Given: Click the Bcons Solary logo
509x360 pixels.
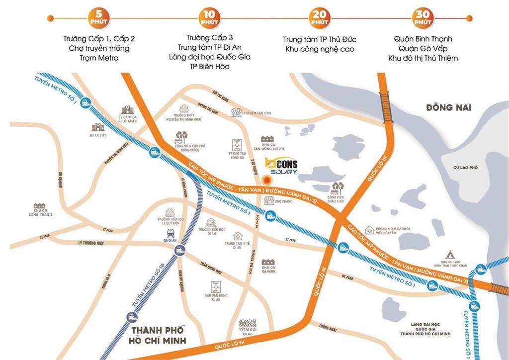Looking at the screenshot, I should click(281, 166).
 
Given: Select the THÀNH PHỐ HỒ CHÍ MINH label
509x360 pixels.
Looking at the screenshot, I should click(157, 335).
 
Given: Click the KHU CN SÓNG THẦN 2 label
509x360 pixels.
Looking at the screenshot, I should click(40, 212).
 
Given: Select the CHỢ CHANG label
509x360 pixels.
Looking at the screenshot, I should click(282, 201).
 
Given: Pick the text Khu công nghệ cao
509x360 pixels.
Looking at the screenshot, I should click(320, 49).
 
